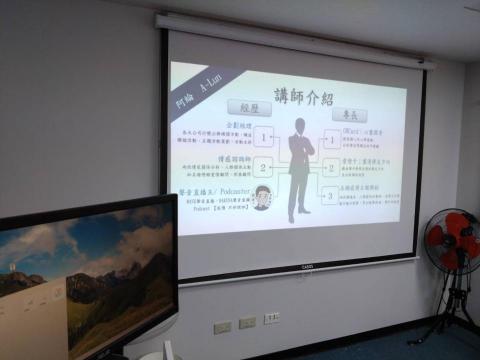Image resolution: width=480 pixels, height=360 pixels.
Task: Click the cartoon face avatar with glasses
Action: click(262, 197)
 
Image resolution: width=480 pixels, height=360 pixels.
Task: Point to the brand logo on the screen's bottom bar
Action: click(307, 267)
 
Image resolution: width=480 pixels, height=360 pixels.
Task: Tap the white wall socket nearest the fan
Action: click(271, 318)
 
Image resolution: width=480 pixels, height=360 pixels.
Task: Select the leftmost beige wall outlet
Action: click(222, 326)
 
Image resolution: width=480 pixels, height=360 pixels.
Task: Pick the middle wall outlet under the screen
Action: click(247, 322)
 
